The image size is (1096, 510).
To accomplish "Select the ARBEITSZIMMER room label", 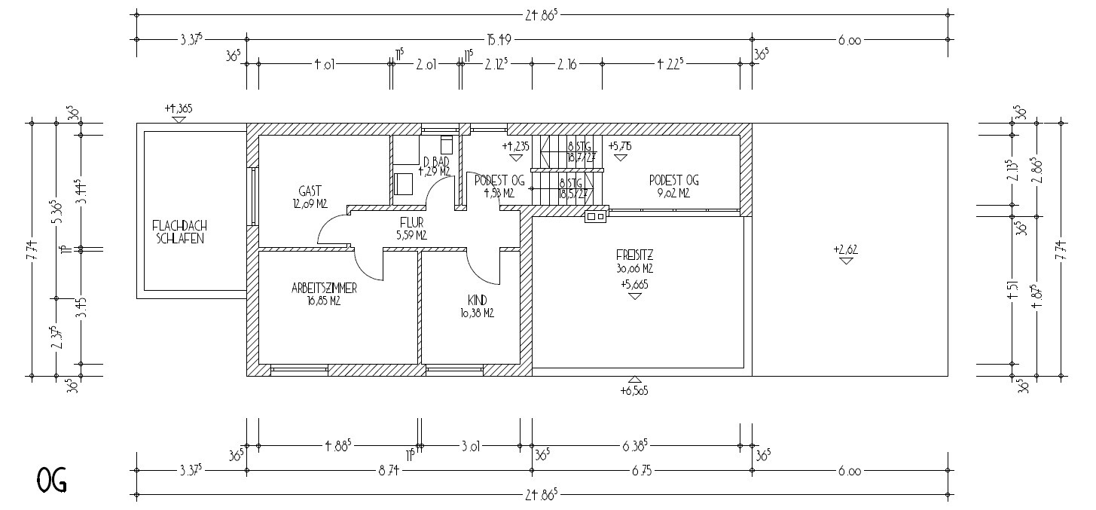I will point(324,289).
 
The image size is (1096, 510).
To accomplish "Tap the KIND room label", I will point(477,300).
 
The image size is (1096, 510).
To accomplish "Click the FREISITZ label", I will point(634,255).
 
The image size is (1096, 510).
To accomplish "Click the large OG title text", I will point(51,479).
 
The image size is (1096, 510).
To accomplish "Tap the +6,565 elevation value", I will point(634,391).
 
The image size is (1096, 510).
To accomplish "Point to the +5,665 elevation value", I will point(634,284).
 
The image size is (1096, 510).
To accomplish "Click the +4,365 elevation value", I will point(179,108).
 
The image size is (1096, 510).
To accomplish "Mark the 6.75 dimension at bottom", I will point(642,472).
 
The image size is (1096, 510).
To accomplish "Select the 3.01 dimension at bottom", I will point(471,446).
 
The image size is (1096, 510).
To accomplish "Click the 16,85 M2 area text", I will point(324,301).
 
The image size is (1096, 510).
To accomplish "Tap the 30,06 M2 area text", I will point(634,267).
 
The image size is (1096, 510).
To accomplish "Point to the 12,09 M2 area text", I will point(310,203).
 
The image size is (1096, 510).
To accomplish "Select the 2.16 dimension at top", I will point(566,65).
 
